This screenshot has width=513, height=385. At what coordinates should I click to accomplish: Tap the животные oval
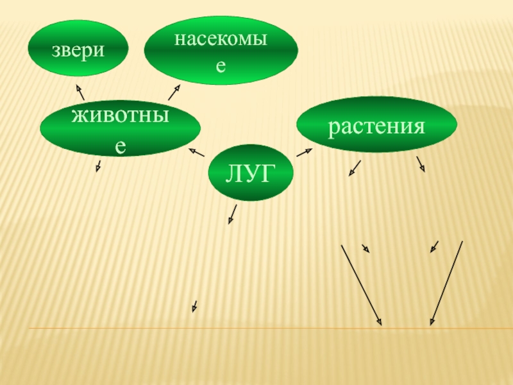tap(120, 130)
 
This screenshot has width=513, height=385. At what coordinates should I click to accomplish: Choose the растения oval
tap(376, 124)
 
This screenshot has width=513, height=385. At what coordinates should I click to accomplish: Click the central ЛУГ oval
tap(251, 172)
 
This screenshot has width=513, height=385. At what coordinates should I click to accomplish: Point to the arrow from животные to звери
tap(80, 92)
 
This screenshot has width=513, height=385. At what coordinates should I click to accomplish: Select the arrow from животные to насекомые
tap(174, 92)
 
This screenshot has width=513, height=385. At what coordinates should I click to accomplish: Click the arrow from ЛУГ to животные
tap(196, 152)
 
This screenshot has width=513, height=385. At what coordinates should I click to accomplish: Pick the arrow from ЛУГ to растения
tap(304, 153)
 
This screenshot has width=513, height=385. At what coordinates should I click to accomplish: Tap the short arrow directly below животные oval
tap(99, 165)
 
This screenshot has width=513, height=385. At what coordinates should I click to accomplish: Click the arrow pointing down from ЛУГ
tap(232, 214)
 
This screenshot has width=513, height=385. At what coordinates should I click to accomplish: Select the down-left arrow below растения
tap(355, 168)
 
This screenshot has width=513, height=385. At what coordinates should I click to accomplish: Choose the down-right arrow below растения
tap(421, 164)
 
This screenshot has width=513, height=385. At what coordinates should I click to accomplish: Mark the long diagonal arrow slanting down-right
tap(361, 284)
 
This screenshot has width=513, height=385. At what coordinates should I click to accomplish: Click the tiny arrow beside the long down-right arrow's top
tap(366, 248)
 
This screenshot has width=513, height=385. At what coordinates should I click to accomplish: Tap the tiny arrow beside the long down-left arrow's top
tap(434, 246)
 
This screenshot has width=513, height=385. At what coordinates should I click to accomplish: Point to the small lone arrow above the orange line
tap(194, 307)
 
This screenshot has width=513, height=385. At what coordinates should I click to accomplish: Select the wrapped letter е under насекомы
tap(221, 65)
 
